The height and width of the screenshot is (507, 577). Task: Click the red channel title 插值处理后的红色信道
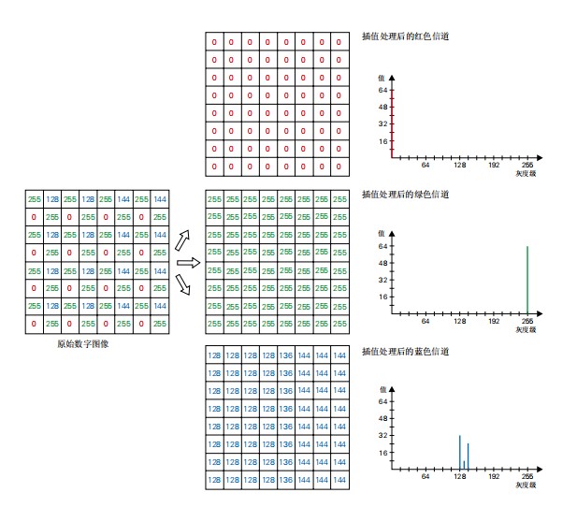click(405, 36)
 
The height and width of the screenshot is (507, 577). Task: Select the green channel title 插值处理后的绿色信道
click(405, 194)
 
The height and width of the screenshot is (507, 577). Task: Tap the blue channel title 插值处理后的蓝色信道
click(405, 352)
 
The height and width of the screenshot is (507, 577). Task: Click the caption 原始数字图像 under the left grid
click(83, 344)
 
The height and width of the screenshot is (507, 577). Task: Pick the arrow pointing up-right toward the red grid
click(182, 240)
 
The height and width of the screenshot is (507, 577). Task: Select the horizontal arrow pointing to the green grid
click(188, 263)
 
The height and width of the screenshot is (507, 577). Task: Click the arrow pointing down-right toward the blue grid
click(182, 284)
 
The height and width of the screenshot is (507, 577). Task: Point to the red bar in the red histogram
click(392, 123)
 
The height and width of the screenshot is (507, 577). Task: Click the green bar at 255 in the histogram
click(527, 280)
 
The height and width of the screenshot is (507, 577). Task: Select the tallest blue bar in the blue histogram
click(459, 452)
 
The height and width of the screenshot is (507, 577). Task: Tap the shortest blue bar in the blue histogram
click(464, 465)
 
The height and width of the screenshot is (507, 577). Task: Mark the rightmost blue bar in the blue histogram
click(469, 456)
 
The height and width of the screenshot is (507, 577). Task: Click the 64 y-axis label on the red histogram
click(382, 90)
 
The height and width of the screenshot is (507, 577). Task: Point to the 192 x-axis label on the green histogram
click(494, 321)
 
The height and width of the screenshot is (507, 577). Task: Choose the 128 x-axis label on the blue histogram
click(459, 476)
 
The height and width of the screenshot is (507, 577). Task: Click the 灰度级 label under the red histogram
click(526, 173)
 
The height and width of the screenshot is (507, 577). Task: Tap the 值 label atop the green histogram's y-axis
click(382, 234)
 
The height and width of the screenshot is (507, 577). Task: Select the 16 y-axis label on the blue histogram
click(382, 453)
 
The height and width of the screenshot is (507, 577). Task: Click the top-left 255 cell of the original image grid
click(35, 199)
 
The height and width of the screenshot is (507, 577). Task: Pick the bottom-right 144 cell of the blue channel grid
click(339, 480)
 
